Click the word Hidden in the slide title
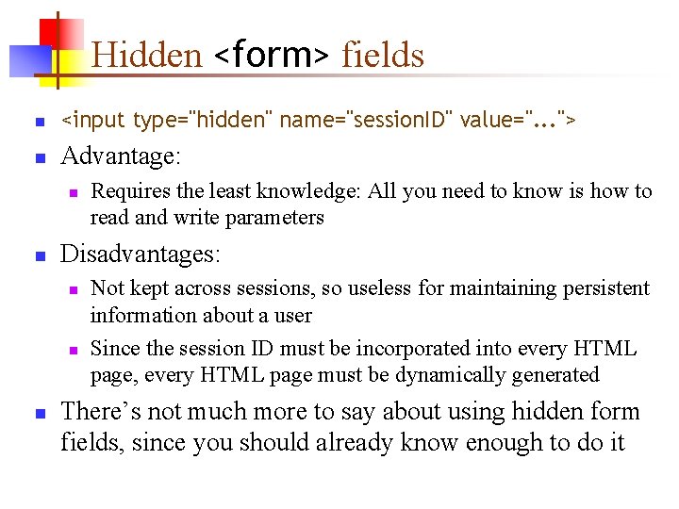click(147, 56)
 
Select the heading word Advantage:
click(121, 156)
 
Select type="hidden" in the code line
click(203, 121)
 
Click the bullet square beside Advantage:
click(39, 157)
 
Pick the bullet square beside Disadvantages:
click(39, 255)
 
